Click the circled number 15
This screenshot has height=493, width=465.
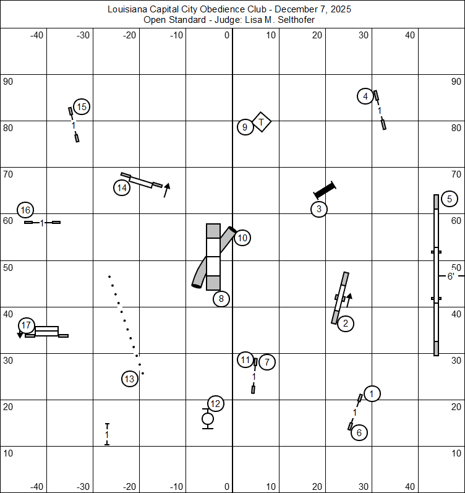82,107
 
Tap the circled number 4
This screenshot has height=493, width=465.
365,96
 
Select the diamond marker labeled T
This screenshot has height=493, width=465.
262,122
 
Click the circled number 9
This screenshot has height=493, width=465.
245,127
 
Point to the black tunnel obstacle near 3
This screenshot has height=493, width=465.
325,189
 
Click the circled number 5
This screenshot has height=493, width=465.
450,199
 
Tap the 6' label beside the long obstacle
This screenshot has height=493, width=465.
451,277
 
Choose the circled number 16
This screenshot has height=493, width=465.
25,210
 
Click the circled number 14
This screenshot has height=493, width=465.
122,187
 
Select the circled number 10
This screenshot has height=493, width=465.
242,238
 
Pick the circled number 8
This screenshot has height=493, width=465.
221,299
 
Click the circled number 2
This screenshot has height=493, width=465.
346,323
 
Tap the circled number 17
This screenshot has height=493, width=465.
25,325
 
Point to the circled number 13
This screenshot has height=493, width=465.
129,379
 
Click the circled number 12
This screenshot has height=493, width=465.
215,404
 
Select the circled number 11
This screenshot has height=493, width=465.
245,359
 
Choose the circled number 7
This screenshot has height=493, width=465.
267,362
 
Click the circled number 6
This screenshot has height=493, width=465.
359,433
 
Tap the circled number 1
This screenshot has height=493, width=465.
372,393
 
